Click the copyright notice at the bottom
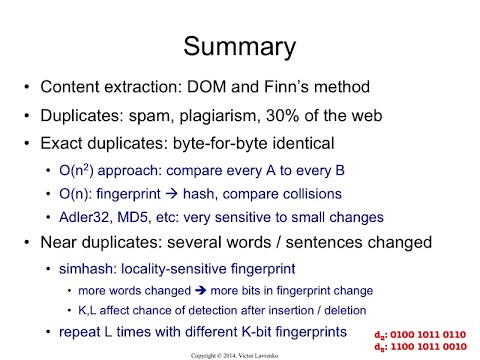point(240,354)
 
